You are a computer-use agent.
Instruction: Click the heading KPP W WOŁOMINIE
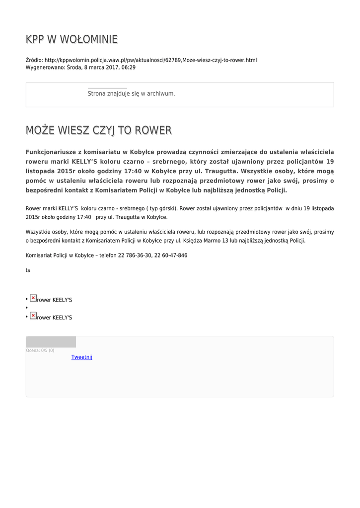[x=72, y=39]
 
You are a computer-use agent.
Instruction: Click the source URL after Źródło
[x=150, y=60]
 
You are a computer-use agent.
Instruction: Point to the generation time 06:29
[x=129, y=67]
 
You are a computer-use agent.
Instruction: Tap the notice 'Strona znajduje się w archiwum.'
[x=131, y=93]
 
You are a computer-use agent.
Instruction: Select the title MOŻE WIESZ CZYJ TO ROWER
[x=98, y=130]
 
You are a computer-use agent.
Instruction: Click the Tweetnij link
[x=81, y=357]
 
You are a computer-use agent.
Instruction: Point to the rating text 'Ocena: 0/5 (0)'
[x=40, y=351]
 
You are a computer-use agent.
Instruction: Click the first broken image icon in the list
[x=33, y=298]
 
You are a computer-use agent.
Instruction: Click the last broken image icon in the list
[x=33, y=316]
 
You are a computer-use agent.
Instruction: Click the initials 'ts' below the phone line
[x=28, y=270]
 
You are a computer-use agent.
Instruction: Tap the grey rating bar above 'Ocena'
[x=51, y=342]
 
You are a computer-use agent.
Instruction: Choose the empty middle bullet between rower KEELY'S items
[x=26, y=308]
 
